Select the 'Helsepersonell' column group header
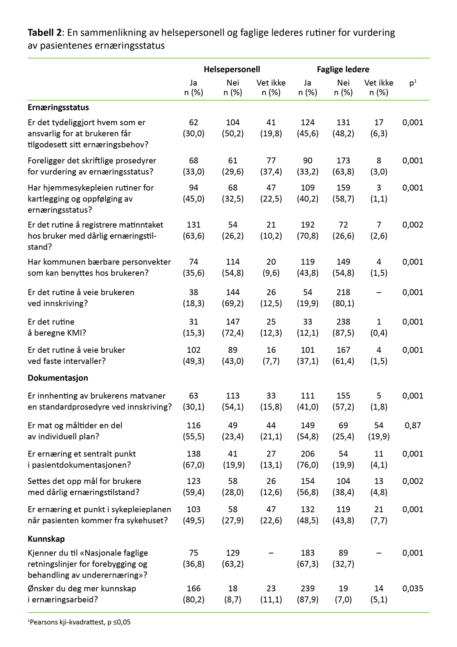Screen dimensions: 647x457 232,69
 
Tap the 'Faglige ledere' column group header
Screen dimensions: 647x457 343,69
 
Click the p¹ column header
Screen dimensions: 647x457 413,83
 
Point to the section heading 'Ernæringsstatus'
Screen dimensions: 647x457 58,107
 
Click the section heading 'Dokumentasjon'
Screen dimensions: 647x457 58,378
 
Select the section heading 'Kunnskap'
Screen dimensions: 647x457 46,539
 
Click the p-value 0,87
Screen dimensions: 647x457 413,425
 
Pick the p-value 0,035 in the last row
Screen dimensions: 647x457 413,588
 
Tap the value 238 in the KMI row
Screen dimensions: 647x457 343,322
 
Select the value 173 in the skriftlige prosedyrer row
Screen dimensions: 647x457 343,161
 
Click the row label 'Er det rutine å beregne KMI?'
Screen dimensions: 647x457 57,327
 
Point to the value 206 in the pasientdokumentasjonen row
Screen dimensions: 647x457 307,454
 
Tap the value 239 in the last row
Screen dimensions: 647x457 307,588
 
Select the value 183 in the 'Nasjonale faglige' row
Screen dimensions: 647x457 307,553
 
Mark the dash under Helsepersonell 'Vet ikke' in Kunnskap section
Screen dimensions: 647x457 271,553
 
